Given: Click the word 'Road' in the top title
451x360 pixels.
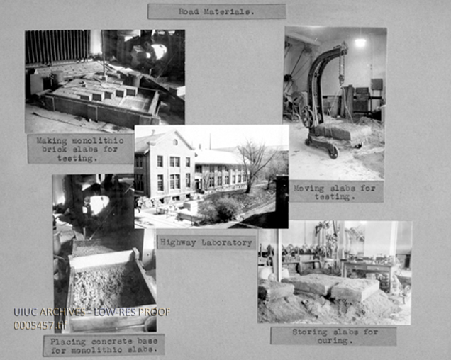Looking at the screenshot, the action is tap(189, 11).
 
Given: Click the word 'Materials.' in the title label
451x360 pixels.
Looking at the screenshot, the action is tap(229, 11).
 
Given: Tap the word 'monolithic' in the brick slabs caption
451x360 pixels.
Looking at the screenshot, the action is tap(98, 140).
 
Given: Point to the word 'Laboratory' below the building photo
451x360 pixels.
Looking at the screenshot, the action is tap(227, 242).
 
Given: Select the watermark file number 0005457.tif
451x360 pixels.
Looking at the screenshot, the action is tap(40, 325).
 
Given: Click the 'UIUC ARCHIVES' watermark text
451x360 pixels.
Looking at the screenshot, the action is tap(49, 313).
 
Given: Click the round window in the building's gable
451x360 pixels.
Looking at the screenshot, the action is tap(175, 142).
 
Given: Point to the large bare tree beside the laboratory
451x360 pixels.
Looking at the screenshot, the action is tap(253, 164).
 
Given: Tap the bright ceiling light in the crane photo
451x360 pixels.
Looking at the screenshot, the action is tap(360, 43).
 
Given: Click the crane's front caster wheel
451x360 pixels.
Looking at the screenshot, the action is tap(333, 152).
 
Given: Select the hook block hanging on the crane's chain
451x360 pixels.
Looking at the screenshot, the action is tap(341, 79).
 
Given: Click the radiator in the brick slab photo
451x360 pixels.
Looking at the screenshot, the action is tap(57, 47).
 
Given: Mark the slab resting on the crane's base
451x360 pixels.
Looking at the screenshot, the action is tap(331, 133).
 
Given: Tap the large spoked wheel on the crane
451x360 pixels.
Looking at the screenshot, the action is tap(308, 117).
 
